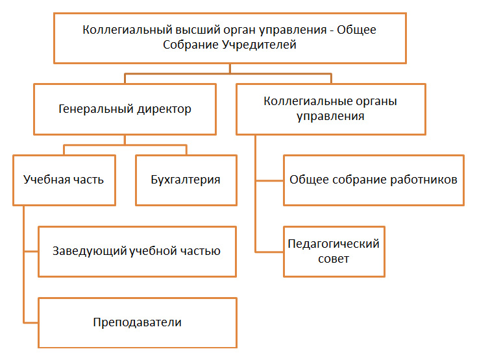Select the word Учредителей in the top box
[x=259, y=45]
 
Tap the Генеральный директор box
[x=125, y=109]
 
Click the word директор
[x=164, y=109]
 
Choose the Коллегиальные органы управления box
[x=331, y=109]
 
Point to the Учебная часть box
[x=64, y=180]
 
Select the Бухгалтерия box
[x=186, y=180]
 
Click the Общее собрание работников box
[x=374, y=180]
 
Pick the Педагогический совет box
[x=334, y=252]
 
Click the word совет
[x=334, y=259]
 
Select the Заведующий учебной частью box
[x=137, y=252]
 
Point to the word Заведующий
[x=90, y=252]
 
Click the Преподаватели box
[x=138, y=322]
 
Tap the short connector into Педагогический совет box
[x=269, y=252]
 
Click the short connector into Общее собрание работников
[x=269, y=180]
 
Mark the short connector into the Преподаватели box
[x=31, y=322]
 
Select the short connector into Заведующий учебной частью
[x=31, y=252]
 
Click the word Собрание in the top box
[x=191, y=45]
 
